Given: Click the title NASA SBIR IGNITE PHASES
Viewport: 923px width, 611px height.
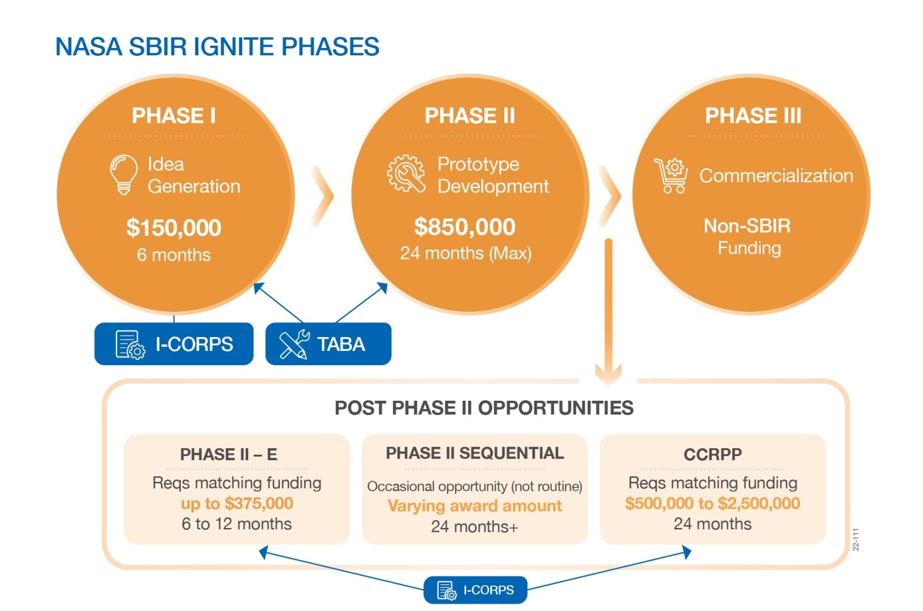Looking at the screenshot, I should tap(217, 47).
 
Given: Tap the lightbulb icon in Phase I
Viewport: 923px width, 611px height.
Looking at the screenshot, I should tap(123, 174).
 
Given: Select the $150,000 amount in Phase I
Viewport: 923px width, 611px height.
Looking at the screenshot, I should tap(174, 228).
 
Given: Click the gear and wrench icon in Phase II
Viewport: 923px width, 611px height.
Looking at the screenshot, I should tap(406, 174).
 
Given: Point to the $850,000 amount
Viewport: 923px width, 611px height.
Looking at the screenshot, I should tap(465, 226).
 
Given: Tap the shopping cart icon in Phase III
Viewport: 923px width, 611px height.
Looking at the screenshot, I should tap(671, 175).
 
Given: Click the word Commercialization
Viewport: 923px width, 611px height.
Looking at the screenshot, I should tap(776, 175).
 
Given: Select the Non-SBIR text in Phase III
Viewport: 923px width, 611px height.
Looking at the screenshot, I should tap(747, 226).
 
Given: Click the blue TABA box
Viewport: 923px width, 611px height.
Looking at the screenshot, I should tap(328, 344).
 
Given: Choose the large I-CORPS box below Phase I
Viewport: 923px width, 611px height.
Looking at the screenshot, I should tap(174, 344).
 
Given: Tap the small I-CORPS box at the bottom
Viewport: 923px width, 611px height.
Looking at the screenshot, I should tap(475, 590).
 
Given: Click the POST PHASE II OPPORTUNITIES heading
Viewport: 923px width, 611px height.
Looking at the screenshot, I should tap(484, 408).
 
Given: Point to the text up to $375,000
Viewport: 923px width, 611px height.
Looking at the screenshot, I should tap(237, 503).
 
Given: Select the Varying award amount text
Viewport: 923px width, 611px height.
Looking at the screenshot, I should tap(475, 506).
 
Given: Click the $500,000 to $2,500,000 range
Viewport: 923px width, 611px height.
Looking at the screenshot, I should tap(712, 503).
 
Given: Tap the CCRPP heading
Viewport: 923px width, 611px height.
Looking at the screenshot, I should tap(713, 454).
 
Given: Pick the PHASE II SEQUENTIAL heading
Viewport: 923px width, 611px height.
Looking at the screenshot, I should tap(475, 453).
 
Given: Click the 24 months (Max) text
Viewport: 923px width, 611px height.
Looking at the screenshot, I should tap(466, 253).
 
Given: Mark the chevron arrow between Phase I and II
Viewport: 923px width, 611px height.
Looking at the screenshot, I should tap(323, 196).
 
